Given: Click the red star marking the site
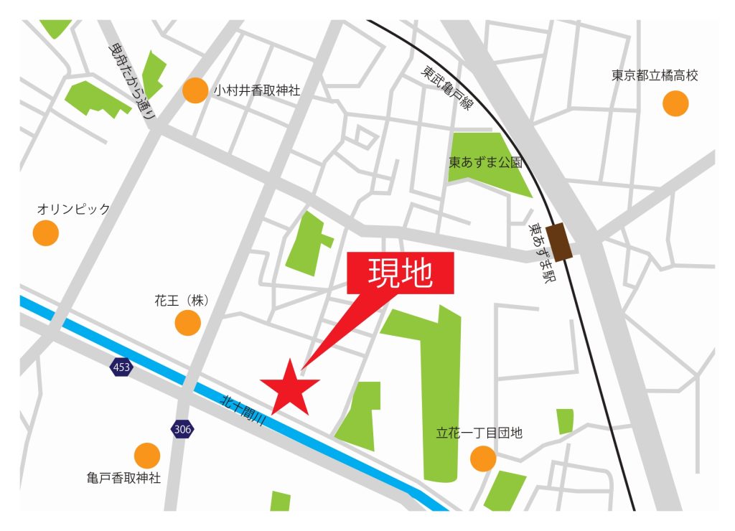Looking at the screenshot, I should click(x=290, y=387).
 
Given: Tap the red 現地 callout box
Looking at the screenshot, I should click(x=401, y=273).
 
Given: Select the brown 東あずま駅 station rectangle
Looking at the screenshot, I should click(x=559, y=242).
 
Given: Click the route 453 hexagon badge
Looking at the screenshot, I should click(x=121, y=367).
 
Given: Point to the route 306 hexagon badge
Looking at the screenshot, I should click(x=182, y=429).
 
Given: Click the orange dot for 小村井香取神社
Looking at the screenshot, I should click(x=195, y=90).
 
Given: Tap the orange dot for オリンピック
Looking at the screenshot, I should click(x=46, y=232).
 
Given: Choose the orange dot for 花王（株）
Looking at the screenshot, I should click(x=188, y=323).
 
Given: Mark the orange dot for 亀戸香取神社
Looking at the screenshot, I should click(x=146, y=455).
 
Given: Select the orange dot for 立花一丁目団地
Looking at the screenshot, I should click(x=483, y=458).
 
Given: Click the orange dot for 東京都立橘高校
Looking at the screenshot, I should click(x=675, y=103).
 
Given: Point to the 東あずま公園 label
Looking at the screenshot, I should click(x=485, y=163).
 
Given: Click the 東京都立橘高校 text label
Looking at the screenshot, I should click(x=655, y=75).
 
